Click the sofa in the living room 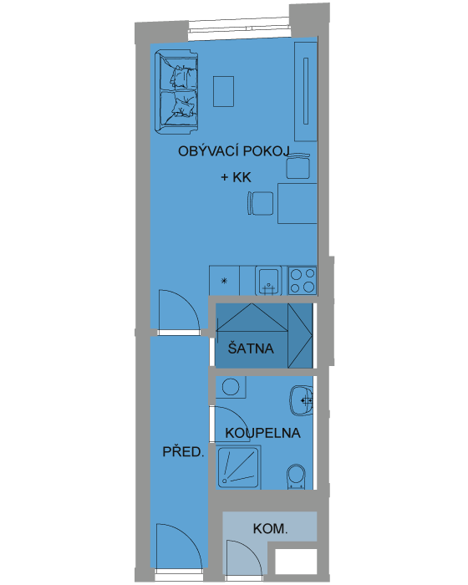(x=176, y=92)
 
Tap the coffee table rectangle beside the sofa (x=223, y=91)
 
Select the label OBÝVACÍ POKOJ (x=234, y=151)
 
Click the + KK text (x=236, y=177)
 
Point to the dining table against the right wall (x=298, y=203)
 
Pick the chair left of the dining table (x=260, y=203)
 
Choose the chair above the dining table (x=298, y=166)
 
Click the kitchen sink (x=268, y=281)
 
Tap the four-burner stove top (x=303, y=281)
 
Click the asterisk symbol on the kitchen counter (x=224, y=281)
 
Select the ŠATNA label (x=251, y=348)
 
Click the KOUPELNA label (x=262, y=433)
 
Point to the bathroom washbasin (x=302, y=400)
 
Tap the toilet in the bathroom (x=296, y=476)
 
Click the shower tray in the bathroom (x=238, y=467)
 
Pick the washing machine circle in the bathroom (x=231, y=386)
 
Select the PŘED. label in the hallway (x=183, y=452)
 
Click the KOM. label (x=270, y=529)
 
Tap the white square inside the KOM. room (x=296, y=562)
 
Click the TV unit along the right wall (x=306, y=91)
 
